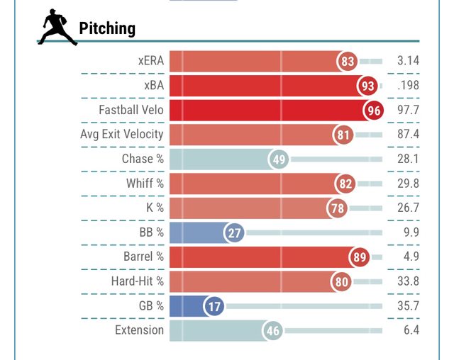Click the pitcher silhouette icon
[57, 28]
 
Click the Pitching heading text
[107, 28]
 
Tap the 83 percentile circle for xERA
[348, 62]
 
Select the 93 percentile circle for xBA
[367, 86]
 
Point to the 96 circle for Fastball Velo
[373, 111]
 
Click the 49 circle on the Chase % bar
[279, 159]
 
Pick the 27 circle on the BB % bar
[234, 232]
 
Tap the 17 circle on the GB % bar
[214, 306]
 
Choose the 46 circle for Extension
[273, 330]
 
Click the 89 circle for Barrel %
[360, 257]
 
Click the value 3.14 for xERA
[408, 61]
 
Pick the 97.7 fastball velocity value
[408, 110]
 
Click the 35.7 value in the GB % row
[408, 306]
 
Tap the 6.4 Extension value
[411, 330]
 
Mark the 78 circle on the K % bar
[338, 208]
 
